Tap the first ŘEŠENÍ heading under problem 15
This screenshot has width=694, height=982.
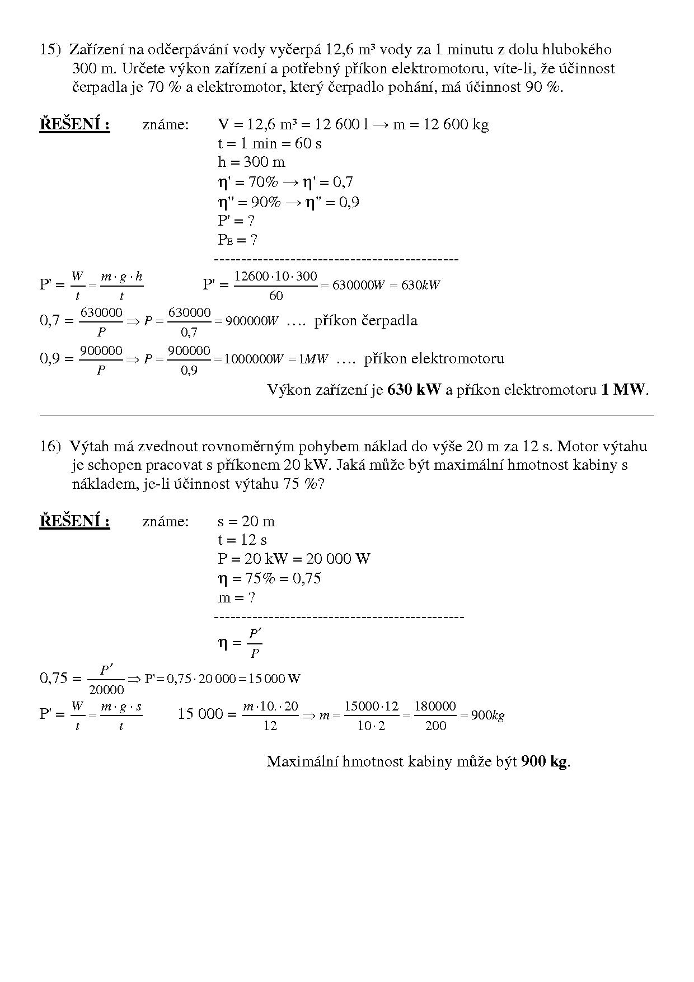pos(74,124)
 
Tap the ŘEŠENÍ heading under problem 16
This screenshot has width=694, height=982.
pos(74,521)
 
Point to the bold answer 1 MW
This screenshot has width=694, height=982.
pos(623,390)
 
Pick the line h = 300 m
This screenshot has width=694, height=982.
pos(251,162)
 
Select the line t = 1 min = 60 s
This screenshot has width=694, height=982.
pos(270,143)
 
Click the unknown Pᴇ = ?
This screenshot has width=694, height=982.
pos(237,240)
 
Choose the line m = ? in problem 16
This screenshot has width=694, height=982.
pos(236,597)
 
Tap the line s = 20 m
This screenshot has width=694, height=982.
pos(246,521)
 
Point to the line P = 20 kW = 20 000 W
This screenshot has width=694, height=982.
pos(294,559)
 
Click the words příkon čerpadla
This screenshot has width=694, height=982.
pos(365,321)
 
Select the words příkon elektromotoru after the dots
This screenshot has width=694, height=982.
pos(434,358)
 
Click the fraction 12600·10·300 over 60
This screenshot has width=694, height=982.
pos(275,286)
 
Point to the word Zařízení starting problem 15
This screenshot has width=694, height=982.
pos(96,50)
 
